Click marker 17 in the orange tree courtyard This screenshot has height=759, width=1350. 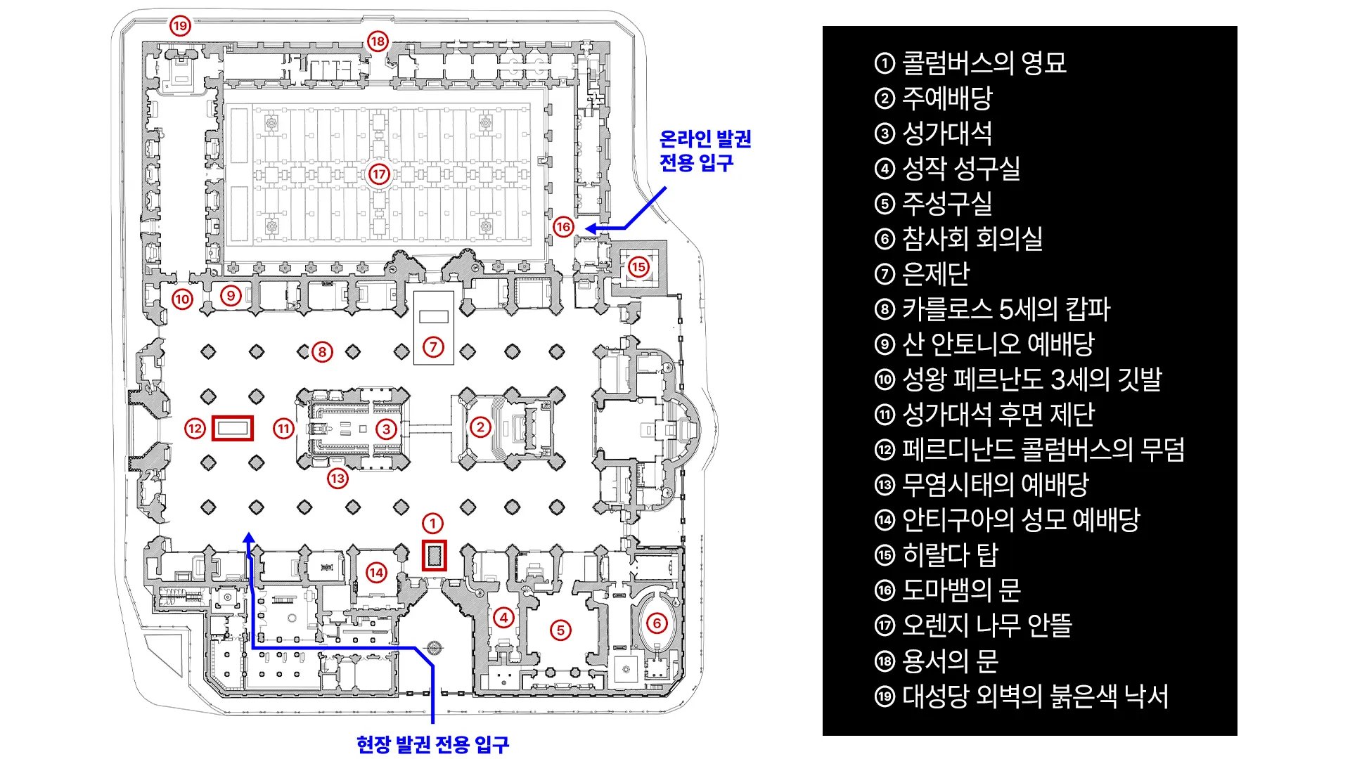(380, 174)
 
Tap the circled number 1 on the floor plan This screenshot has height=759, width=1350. (432, 523)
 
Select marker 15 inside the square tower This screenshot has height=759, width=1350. (638, 267)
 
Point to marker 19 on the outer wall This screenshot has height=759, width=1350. (180, 26)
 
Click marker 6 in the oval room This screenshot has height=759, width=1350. (657, 623)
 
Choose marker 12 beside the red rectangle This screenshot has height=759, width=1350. (195, 428)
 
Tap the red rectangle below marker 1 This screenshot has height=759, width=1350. (434, 556)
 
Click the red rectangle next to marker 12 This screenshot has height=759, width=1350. (233, 428)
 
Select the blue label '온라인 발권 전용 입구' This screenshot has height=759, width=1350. (705, 150)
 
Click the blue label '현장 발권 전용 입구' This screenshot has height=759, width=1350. (432, 744)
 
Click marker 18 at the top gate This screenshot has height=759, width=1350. (378, 41)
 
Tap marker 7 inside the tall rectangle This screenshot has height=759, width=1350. (433, 346)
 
